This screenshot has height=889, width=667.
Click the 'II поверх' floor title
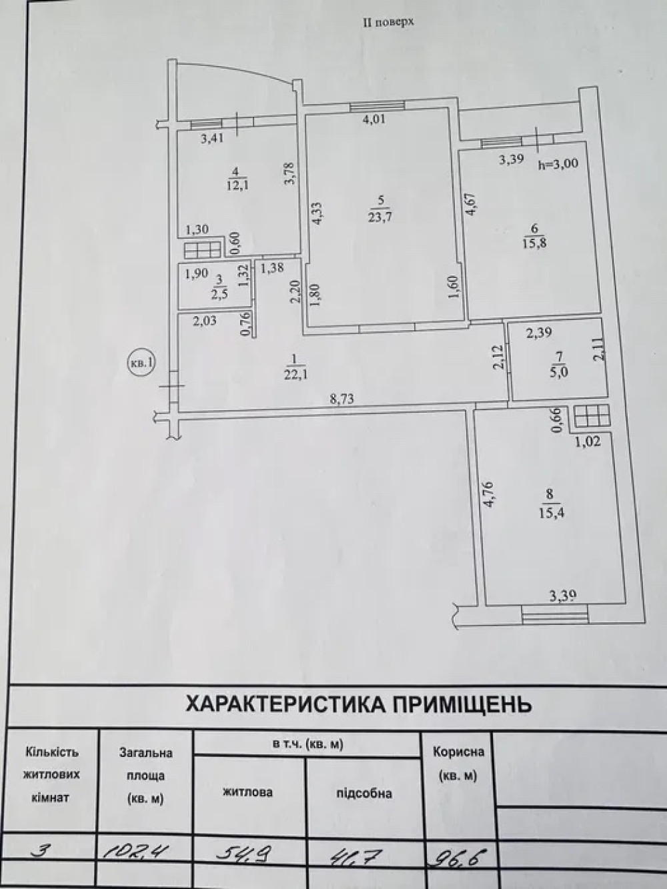[388, 22]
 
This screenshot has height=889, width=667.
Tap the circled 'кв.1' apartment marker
[141, 363]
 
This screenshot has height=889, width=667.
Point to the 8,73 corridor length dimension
[342, 399]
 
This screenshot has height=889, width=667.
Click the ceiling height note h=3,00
[558, 163]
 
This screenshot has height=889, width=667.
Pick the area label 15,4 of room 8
[552, 514]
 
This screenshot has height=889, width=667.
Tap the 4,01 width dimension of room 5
[376, 119]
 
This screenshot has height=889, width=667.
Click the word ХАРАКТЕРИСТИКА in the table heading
[284, 705]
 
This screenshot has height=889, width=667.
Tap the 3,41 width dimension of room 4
[212, 139]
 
